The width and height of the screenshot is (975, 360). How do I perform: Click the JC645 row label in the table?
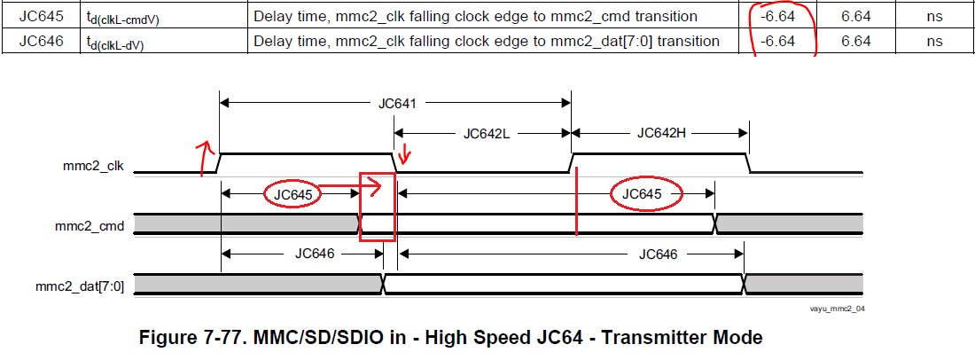coord(42,16)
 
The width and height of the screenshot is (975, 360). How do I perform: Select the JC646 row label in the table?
coord(42,42)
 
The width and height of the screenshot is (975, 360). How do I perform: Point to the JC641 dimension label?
coord(397,103)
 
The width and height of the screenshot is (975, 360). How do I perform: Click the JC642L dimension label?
coord(487,133)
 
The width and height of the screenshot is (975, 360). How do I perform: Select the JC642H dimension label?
coord(661,133)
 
